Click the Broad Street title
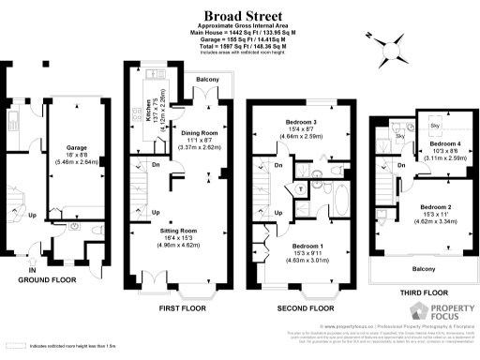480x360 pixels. (240, 14)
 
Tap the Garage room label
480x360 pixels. (76, 147)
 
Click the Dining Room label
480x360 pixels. (199, 132)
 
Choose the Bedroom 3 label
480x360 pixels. (300, 124)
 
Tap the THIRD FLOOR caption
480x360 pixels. (417, 292)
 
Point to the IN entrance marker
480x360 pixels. (32, 271)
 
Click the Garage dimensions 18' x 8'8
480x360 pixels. (76, 155)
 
